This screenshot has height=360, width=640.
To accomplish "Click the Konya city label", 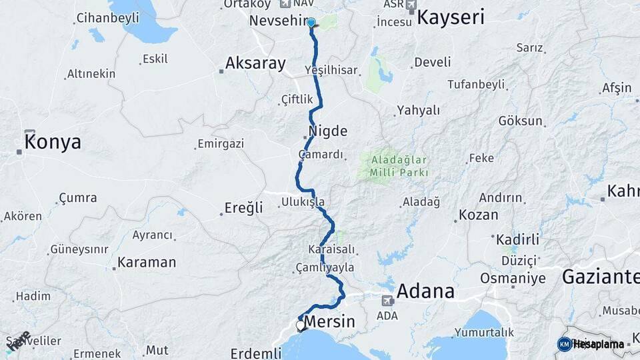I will tap(53, 142).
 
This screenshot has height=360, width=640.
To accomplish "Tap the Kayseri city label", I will tap(451, 17).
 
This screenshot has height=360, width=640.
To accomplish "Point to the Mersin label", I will tap(331, 323).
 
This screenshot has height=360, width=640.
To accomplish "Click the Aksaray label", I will tap(255, 63).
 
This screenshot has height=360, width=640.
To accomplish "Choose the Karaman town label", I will tap(147, 262).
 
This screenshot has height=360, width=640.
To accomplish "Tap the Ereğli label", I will tap(243, 208).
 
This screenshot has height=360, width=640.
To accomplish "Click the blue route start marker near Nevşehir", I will tap(311, 22).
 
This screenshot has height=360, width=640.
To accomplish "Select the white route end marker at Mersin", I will tap(300, 326).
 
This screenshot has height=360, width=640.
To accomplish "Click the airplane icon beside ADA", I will tap(387, 301).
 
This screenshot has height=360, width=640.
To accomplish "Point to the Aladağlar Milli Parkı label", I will tap(395, 167).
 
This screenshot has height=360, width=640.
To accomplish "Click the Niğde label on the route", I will tap(328, 131).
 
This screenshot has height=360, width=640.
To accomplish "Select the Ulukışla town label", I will tap(303, 201).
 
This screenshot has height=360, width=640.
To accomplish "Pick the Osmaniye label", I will tap(513, 278).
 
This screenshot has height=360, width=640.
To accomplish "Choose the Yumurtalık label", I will tap(485, 332).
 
